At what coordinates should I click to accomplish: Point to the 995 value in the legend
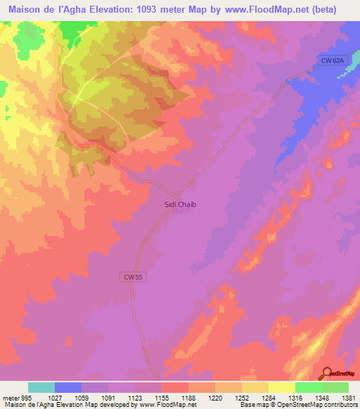[21, 397]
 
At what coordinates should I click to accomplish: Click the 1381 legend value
[348, 397]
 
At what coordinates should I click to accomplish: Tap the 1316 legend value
[295, 397]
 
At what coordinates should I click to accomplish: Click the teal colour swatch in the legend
[41, 387]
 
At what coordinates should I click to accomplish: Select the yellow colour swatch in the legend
[282, 387]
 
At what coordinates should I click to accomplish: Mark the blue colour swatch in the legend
[68, 387]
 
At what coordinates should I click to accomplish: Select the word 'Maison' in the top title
[25, 9]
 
